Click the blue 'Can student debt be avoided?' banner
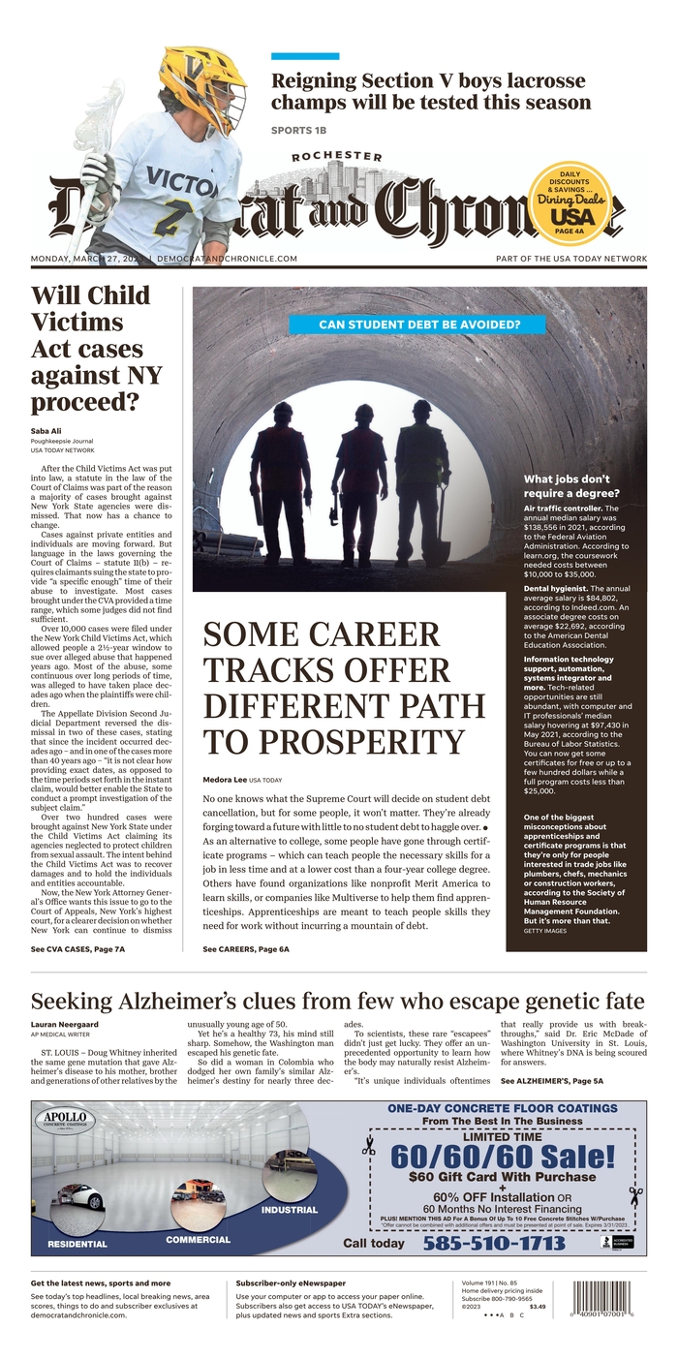point(417,325)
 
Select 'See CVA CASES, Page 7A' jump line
point(77,949)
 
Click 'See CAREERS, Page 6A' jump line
point(246,949)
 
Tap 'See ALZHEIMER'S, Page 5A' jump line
point(552,1080)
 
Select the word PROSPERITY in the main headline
point(334,742)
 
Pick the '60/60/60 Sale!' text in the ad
point(503,1156)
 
